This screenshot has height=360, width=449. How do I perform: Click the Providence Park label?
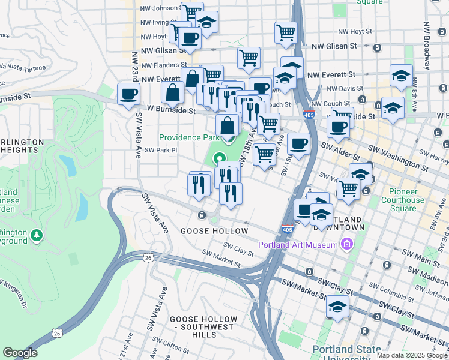tap(189, 137)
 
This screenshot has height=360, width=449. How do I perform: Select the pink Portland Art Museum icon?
tap(346, 244)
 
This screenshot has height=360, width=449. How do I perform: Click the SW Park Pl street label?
tap(161, 150)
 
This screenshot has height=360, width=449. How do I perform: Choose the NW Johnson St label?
tap(159, 8)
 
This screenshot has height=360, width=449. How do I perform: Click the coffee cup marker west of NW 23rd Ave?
tap(128, 95)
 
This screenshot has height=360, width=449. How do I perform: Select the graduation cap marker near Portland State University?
tap(337, 307)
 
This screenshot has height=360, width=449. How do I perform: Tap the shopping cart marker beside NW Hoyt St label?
tap(286, 32)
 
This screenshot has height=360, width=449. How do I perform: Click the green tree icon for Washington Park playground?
tap(37, 233)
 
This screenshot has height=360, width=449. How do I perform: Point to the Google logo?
tap(20, 353)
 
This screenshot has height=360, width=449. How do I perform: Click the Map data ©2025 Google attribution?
tap(411, 355)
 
